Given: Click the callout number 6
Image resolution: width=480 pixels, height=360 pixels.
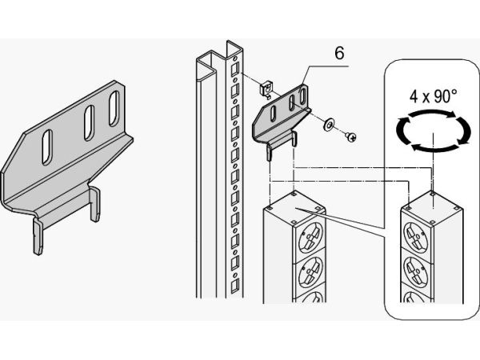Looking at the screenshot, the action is click(339, 53).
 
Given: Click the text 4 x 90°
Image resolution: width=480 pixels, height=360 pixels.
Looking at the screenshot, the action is click(433, 96).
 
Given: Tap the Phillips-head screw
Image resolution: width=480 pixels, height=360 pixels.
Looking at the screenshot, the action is click(351, 137).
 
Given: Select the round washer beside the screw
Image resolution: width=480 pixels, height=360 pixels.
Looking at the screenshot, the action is click(330, 125).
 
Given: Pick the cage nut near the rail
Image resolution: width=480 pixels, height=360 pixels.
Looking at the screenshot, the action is click(266, 89).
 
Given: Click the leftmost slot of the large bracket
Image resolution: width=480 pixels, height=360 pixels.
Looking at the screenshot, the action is click(47, 147).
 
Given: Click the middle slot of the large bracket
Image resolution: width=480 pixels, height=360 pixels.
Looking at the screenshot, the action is click(89, 123).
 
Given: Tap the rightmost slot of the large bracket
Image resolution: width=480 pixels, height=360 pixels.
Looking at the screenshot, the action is click(114, 108).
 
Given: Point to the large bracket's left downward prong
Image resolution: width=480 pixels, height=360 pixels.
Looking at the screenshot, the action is click(38, 236).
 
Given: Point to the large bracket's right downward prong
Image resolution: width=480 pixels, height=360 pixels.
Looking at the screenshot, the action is click(95, 204).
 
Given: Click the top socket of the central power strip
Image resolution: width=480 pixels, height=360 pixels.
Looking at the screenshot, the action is click(310, 238).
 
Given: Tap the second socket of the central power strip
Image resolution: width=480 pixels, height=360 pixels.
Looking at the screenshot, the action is click(310, 273).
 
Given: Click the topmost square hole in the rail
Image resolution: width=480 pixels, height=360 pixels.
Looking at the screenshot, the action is click(234, 70).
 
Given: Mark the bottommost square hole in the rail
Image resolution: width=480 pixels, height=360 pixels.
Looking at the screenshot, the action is click(234, 286).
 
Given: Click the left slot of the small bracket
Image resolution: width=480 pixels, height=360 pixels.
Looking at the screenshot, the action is click(273, 114).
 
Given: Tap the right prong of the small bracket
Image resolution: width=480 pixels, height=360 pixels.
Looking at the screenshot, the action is click(294, 138).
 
